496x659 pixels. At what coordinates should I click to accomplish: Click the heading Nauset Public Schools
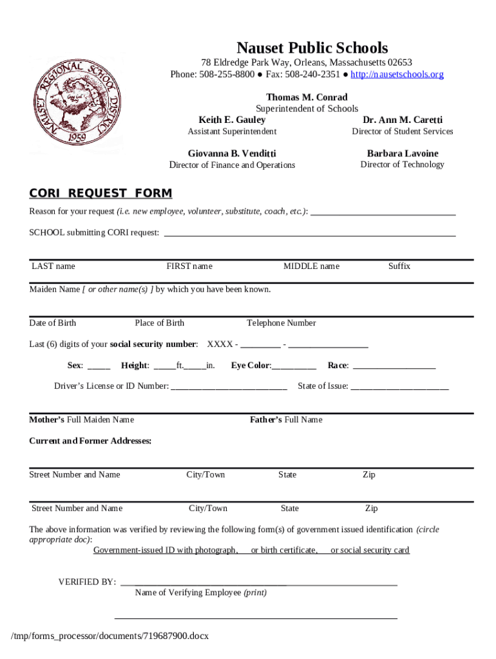pos(312,48)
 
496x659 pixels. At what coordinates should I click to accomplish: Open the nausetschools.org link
pos(397,75)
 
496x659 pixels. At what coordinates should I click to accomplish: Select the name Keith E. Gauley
pos(232,120)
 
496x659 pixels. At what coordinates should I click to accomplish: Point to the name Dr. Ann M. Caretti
pos(403,120)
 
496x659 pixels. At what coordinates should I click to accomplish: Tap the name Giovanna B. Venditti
pos(232,153)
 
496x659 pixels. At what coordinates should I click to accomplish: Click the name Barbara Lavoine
pos(403,153)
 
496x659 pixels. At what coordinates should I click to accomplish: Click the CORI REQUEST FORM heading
pos(100,194)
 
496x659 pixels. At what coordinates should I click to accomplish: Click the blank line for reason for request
pos(383,212)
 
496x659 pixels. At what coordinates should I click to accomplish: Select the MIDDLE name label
pos(311,266)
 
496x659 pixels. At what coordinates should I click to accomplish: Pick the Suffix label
pos(399,266)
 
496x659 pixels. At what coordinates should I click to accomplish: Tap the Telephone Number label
pos(281,323)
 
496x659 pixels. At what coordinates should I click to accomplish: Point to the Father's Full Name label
pos(286,420)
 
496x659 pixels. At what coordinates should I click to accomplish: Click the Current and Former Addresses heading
pos(90,441)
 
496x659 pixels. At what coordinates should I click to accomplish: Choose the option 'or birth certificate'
pos(284,550)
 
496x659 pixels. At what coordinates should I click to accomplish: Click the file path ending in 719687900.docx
pos(110,636)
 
